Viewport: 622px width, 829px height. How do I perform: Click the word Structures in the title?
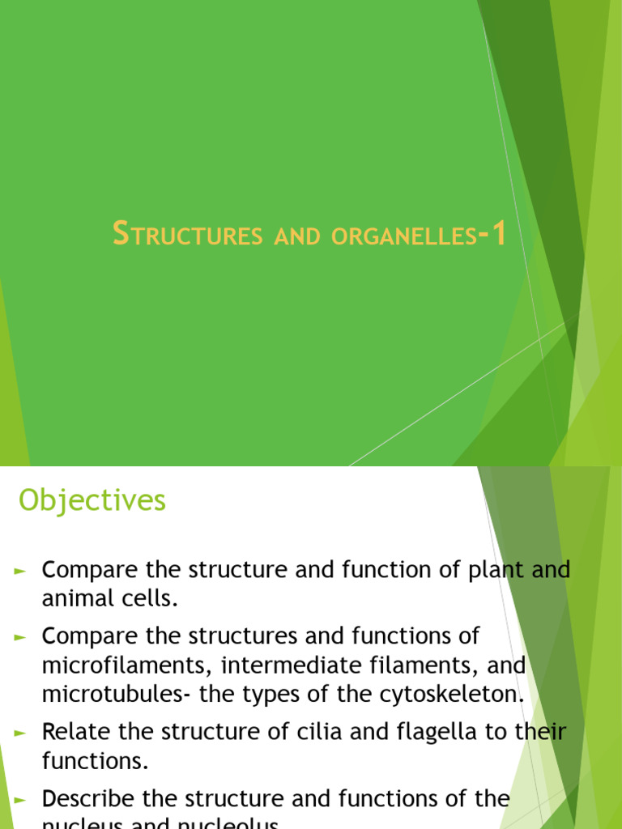(187, 236)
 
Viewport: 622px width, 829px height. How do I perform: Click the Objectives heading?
(92, 501)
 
